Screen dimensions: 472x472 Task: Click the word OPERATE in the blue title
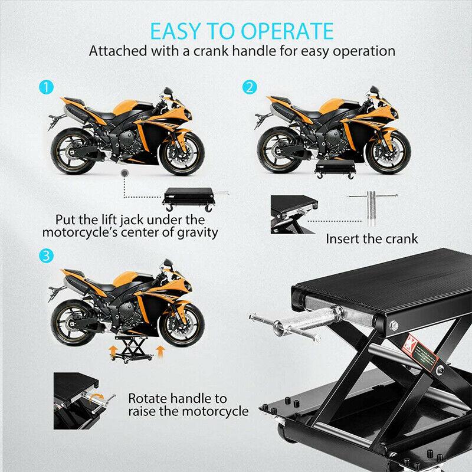click(x=287, y=31)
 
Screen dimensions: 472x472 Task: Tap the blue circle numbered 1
click(x=47, y=87)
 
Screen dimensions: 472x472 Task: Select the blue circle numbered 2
click(x=250, y=87)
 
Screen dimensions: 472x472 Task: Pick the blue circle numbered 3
click(x=47, y=256)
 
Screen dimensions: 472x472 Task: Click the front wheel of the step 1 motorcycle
click(x=182, y=153)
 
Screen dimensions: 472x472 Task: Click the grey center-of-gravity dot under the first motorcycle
click(x=124, y=173)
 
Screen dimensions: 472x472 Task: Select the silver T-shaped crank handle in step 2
click(x=372, y=208)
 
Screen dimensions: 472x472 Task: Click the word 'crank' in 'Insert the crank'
click(x=402, y=239)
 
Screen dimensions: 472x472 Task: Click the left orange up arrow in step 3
click(x=113, y=351)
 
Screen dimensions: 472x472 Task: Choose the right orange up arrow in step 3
click(x=160, y=351)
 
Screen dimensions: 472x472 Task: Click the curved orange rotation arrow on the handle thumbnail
click(x=97, y=398)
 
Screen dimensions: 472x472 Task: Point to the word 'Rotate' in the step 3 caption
click(x=148, y=398)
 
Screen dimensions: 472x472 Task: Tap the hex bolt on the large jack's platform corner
click(x=394, y=326)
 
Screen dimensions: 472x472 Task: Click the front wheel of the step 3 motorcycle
click(x=182, y=324)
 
